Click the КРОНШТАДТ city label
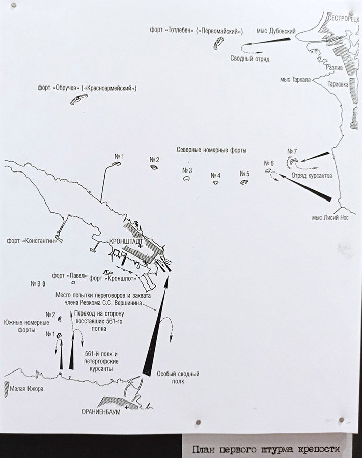point(126,242)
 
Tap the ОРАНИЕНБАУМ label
point(101,412)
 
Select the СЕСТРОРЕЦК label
point(344,19)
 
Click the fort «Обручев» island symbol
point(79,99)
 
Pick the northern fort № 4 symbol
point(216,183)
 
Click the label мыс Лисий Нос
point(330,218)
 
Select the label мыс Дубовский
point(276,31)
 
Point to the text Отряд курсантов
point(312,176)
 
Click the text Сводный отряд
point(250,59)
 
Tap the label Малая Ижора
point(26,389)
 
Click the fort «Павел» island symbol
point(73,283)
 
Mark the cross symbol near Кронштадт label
point(141,247)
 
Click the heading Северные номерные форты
point(211,150)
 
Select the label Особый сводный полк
point(178,378)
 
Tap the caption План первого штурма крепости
point(266,449)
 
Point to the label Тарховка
point(338,84)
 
